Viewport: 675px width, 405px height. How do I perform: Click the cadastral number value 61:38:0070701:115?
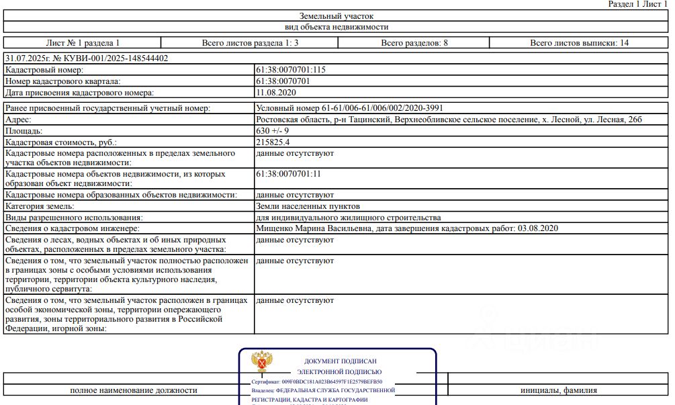(291, 70)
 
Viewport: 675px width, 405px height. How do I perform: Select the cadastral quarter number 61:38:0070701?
(283, 81)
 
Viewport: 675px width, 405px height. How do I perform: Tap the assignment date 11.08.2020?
(276, 93)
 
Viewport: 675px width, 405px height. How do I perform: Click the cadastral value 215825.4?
(273, 142)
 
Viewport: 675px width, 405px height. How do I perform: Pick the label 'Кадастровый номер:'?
(44, 70)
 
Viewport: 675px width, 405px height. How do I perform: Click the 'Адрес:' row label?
(18, 120)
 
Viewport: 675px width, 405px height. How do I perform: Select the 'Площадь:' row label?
(24, 131)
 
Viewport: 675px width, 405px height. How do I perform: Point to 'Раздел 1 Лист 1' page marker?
(638, 4)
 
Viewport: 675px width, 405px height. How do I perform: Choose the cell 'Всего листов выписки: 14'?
(579, 43)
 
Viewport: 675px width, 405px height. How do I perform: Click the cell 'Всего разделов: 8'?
(414, 43)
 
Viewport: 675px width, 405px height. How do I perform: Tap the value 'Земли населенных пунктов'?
(308, 206)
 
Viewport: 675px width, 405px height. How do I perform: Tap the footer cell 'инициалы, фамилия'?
(558, 390)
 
